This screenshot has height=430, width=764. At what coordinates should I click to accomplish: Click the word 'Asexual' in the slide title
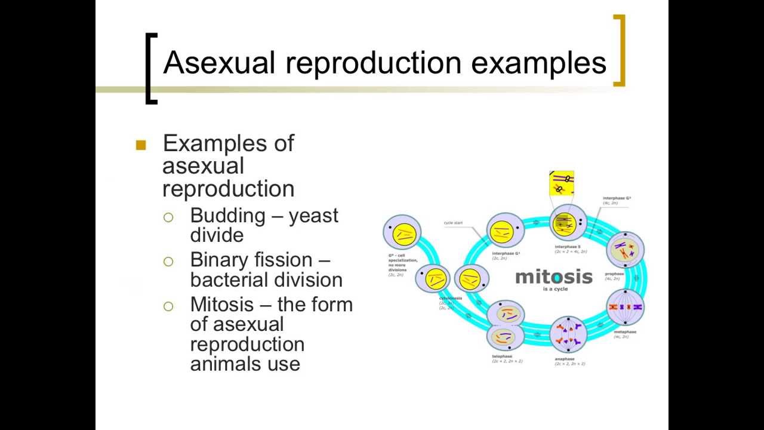[218, 63]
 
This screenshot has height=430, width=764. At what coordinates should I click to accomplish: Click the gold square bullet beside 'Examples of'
[141, 145]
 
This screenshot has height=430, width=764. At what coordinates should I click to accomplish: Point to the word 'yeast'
[313, 216]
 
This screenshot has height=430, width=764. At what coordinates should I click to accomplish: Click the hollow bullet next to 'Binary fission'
[168, 261]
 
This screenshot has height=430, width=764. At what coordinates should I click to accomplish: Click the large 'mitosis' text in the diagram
[554, 277]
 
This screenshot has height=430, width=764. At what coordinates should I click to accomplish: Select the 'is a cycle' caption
[555, 289]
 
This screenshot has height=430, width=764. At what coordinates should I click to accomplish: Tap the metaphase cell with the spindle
[625, 307]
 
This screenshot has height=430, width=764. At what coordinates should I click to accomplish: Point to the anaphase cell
[568, 335]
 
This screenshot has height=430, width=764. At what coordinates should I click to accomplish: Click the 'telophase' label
[502, 357]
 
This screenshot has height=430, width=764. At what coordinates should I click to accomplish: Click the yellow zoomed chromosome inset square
[561, 183]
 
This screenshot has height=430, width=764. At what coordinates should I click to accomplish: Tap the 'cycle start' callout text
[453, 223]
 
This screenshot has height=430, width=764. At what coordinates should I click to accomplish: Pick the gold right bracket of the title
[620, 51]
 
